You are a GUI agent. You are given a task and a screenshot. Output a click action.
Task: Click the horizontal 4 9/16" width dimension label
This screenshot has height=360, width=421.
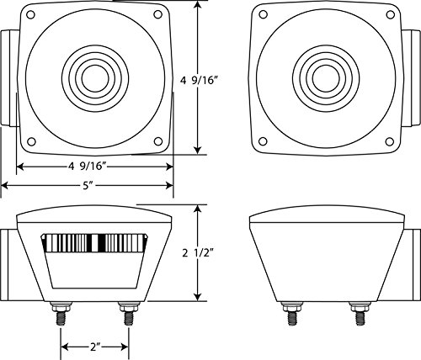pyautogui.click(x=94, y=167)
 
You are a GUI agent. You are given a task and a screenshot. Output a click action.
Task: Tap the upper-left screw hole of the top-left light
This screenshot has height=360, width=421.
pyautogui.click(x=32, y=18)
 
